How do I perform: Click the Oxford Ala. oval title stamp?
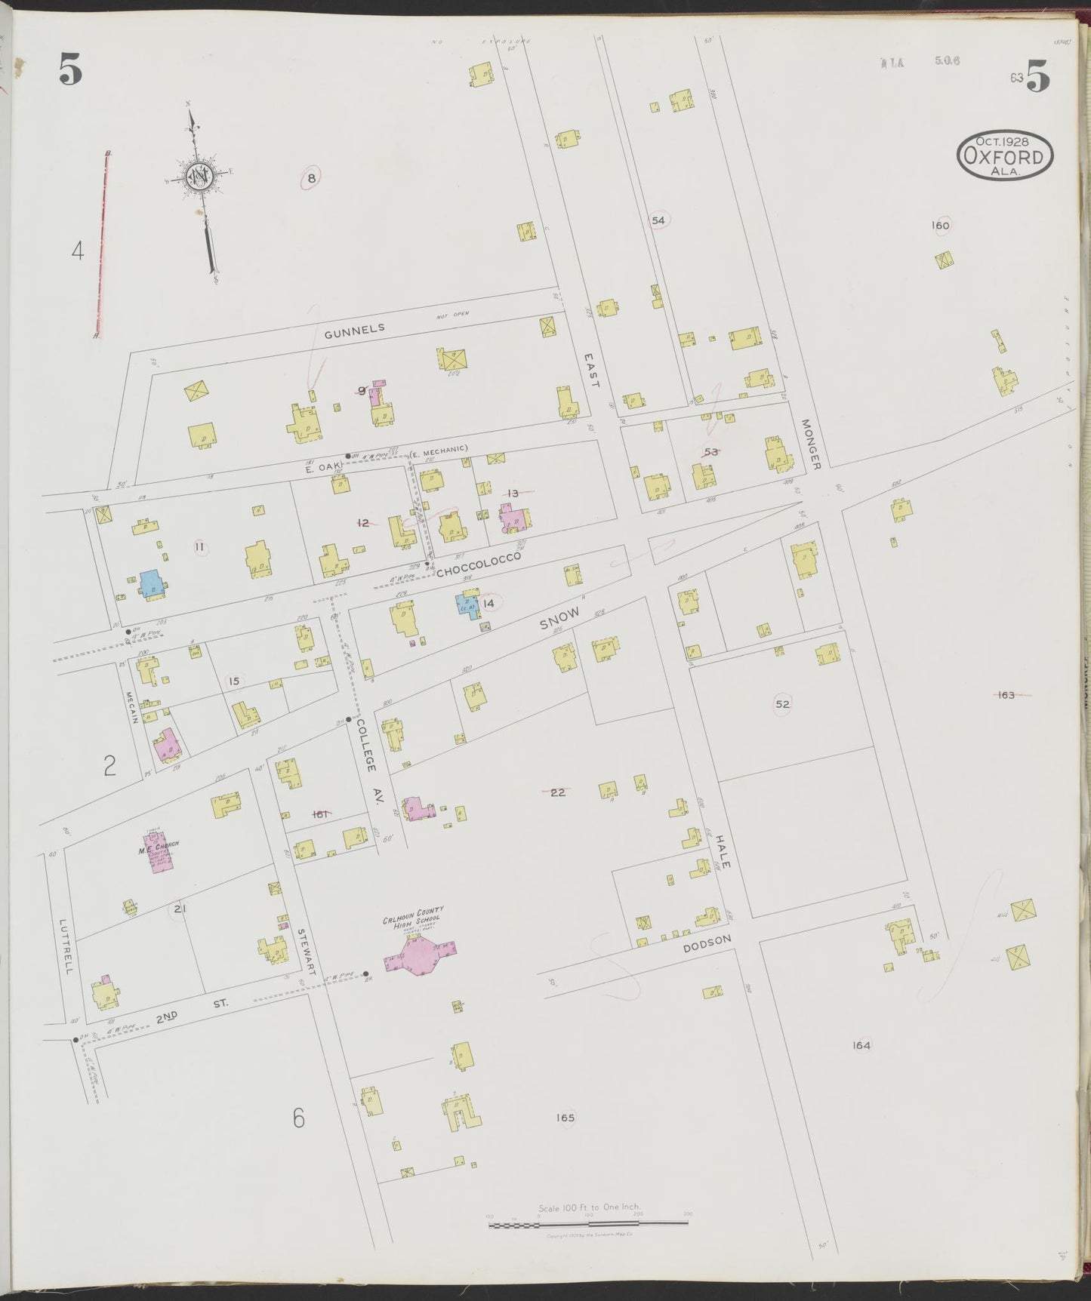click(x=1005, y=156)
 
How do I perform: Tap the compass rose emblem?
click(x=199, y=177)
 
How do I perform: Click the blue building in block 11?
click(x=151, y=583)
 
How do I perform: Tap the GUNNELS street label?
click(x=354, y=329)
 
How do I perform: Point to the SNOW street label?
click(x=559, y=620)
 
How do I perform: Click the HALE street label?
click(x=721, y=853)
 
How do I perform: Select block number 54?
click(x=658, y=220)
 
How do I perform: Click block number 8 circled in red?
click(x=310, y=178)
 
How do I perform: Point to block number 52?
click(x=782, y=704)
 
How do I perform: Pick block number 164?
click(x=861, y=1045)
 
